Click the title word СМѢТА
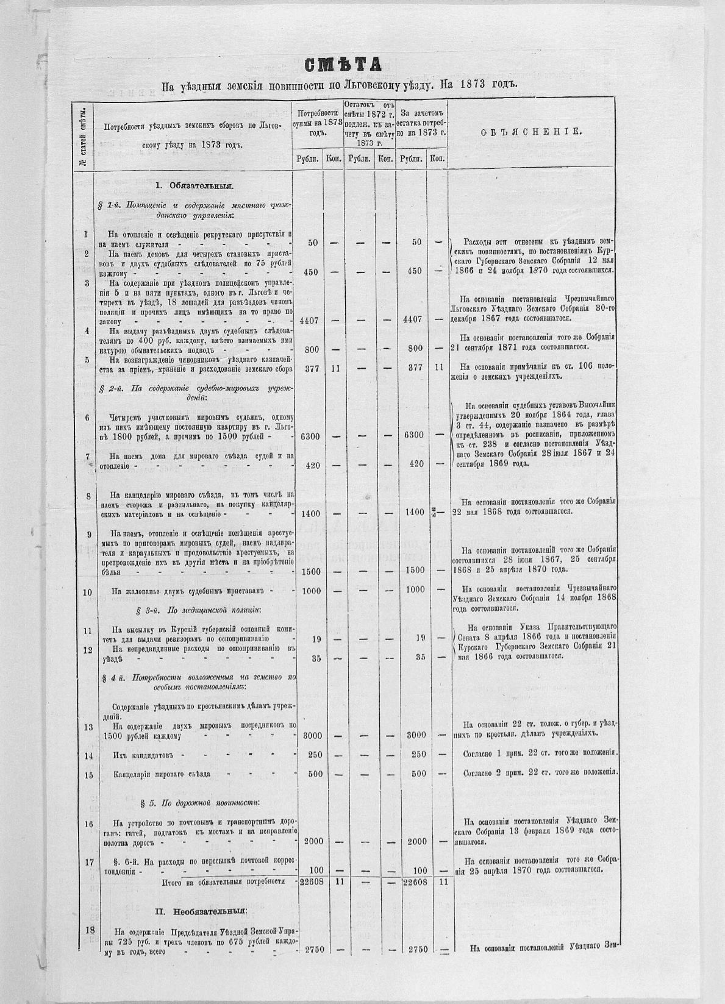click(345, 63)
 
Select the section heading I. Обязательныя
click(194, 185)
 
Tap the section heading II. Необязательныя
click(201, 912)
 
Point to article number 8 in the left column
click(88, 496)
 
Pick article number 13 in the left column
click(88, 727)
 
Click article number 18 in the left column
click(90, 930)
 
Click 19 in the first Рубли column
click(316, 639)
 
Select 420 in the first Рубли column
click(312, 465)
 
